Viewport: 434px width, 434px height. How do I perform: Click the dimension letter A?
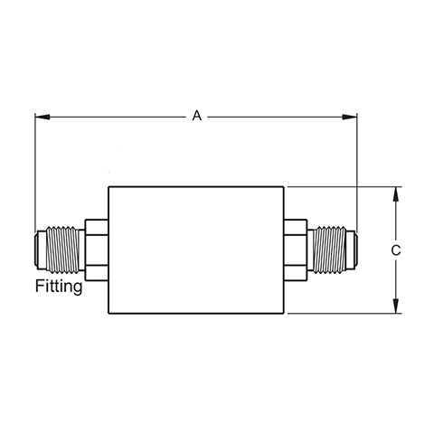coord(197,116)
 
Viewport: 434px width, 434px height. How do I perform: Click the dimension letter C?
coord(396,250)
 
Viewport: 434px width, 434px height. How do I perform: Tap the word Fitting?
coord(59,286)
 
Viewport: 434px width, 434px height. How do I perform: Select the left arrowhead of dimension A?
coord(42,117)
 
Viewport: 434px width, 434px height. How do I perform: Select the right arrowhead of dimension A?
coord(349,117)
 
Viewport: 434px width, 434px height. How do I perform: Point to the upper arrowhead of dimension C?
coord(396,194)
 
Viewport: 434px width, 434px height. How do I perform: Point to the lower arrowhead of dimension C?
coord(396,306)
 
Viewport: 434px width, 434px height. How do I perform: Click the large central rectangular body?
coord(196,250)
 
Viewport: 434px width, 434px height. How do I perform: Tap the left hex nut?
coord(97,250)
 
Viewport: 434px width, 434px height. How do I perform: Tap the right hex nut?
coord(296,250)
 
